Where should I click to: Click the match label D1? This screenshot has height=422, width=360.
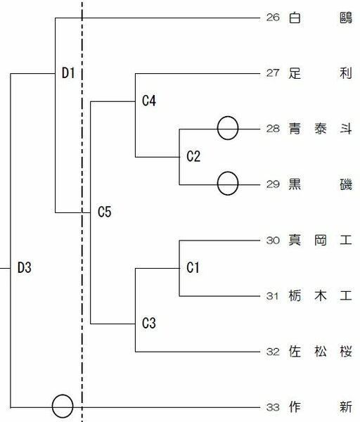(68, 73)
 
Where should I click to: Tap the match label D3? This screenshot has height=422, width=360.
(24, 267)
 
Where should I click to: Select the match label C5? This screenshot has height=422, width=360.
(104, 212)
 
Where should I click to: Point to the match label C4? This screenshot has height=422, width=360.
(149, 101)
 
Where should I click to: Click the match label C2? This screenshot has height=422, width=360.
(193, 156)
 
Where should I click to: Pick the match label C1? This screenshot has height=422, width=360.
(193, 267)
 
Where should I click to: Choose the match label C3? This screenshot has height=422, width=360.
(149, 323)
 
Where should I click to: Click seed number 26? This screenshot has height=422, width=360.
(273, 18)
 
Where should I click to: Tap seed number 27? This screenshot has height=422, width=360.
(273, 73)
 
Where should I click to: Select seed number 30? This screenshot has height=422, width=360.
(273, 241)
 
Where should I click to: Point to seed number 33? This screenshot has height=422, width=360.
(273, 407)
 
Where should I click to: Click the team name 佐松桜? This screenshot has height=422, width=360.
(320, 352)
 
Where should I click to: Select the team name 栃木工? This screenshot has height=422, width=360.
(320, 296)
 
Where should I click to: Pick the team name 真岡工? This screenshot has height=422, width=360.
(320, 240)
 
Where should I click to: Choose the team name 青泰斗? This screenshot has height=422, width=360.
(320, 129)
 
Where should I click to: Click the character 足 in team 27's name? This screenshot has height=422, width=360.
(295, 73)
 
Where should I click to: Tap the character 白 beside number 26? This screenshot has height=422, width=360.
(295, 18)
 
